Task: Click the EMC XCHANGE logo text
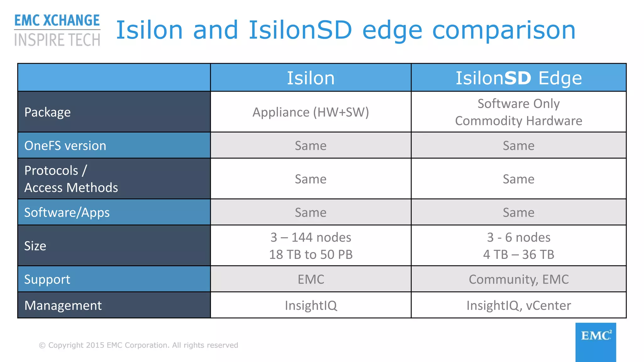[x=57, y=21]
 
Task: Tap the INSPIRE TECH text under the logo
[x=57, y=40]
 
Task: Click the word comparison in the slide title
[x=504, y=30]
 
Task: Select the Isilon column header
[x=311, y=78]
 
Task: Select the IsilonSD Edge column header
[x=519, y=78]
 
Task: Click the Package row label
[x=47, y=112]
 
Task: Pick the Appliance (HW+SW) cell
[x=311, y=112]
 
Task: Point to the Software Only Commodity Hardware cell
[x=519, y=112]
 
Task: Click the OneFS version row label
[x=65, y=145]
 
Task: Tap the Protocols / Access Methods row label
[x=71, y=179]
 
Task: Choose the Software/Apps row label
[x=67, y=212]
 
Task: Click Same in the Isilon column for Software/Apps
[x=311, y=212]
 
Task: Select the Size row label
[x=35, y=246]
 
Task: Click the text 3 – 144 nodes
[x=311, y=237]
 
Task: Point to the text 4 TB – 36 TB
[x=519, y=255]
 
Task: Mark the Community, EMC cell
[x=519, y=279]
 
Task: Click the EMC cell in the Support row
[x=311, y=279]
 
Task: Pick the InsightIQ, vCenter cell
[x=519, y=305]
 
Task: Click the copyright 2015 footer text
[x=138, y=345]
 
